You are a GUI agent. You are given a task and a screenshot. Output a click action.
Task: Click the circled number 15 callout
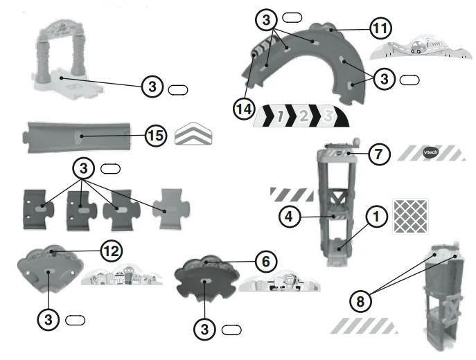tap(156, 136)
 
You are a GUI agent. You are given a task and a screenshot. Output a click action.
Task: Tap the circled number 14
tap(244, 109)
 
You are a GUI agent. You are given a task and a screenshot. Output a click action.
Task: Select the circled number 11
tap(380, 28)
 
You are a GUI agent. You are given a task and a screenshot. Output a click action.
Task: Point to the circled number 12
tap(112, 251)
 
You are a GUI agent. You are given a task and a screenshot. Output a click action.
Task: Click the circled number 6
tap(265, 262)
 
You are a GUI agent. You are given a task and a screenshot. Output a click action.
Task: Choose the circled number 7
tap(379, 154)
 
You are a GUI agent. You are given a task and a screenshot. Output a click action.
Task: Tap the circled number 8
tap(360, 301)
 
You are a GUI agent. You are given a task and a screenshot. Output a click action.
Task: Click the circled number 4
tap(290, 217)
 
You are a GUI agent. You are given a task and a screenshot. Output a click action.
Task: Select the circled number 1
tap(376, 217)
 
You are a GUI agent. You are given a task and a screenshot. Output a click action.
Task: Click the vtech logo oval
tap(430, 152)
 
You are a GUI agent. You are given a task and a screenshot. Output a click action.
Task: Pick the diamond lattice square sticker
tap(410, 216)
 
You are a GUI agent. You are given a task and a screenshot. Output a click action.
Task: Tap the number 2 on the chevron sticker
tap(303, 116)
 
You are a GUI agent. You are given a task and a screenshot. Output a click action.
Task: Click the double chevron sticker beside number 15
tap(193, 134)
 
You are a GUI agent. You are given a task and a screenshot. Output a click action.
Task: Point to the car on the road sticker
tap(417, 47)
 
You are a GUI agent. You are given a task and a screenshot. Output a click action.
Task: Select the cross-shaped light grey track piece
tap(171, 208)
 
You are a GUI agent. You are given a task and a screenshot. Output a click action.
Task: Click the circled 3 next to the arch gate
tap(152, 87)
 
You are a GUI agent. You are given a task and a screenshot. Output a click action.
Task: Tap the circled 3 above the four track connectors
tap(83, 168)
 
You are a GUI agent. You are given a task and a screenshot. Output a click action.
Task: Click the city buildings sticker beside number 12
tap(122, 276)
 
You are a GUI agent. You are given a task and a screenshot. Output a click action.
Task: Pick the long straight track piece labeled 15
tap(77, 137)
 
